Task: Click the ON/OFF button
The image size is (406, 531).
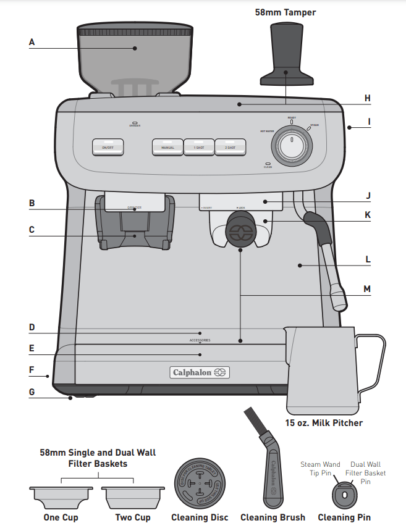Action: (108, 146)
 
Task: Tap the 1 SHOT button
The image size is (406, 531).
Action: (199, 146)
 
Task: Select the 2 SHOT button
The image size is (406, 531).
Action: (230, 146)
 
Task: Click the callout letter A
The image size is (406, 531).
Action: (32, 43)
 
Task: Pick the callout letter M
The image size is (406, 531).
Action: (367, 288)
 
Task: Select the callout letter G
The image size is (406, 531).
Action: (32, 392)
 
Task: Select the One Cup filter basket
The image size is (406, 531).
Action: (61, 495)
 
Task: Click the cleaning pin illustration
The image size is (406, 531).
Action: (345, 495)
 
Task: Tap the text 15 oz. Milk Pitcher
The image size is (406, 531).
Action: (324, 423)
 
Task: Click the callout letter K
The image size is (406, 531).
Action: (367, 215)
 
